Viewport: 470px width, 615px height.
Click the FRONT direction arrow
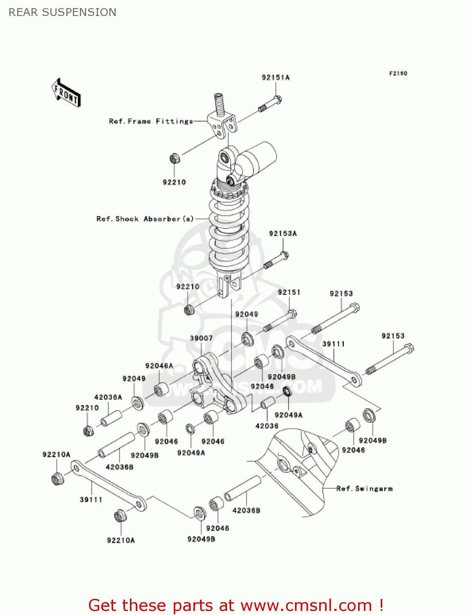(66, 93)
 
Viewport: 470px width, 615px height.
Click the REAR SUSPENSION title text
(62, 12)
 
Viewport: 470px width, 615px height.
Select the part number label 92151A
(275, 77)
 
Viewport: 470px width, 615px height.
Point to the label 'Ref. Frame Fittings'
(150, 121)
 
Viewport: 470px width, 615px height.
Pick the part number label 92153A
(283, 234)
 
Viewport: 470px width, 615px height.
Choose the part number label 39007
(201, 338)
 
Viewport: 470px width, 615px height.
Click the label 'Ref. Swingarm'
(364, 489)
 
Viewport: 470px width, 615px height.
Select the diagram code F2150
(398, 73)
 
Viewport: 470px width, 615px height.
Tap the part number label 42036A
(108, 397)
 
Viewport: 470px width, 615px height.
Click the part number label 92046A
(159, 366)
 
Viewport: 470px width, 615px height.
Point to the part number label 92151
(289, 292)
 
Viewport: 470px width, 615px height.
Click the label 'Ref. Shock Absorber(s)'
(145, 219)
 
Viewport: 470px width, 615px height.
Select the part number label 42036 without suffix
(267, 426)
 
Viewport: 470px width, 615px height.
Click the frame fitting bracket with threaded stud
(222, 119)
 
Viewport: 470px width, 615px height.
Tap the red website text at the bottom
(236, 605)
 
